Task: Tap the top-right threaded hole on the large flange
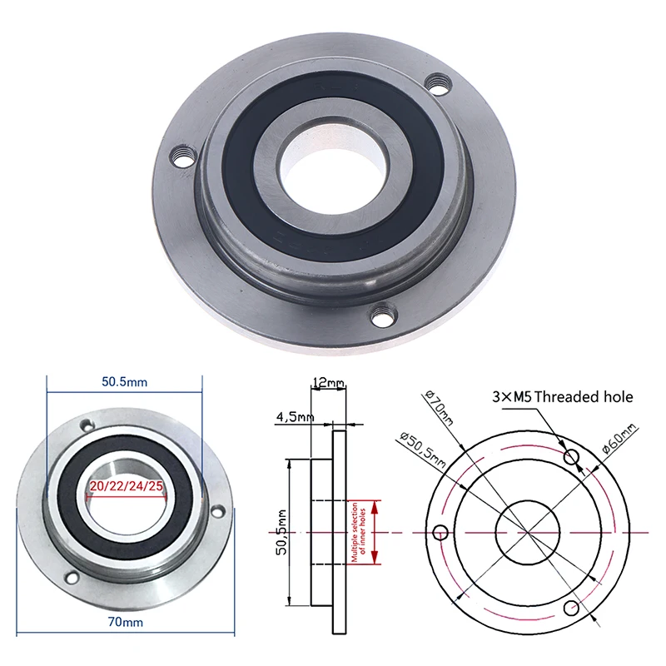pos(436,83)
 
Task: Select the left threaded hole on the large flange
pos(183,155)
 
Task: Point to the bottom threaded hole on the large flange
pos(382,316)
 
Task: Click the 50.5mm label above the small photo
pos(125,382)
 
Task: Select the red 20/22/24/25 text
pos(125,486)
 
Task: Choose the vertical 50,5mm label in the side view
pos(281,532)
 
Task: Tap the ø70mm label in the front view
pos(438,408)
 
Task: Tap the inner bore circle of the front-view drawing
pos(528,532)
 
